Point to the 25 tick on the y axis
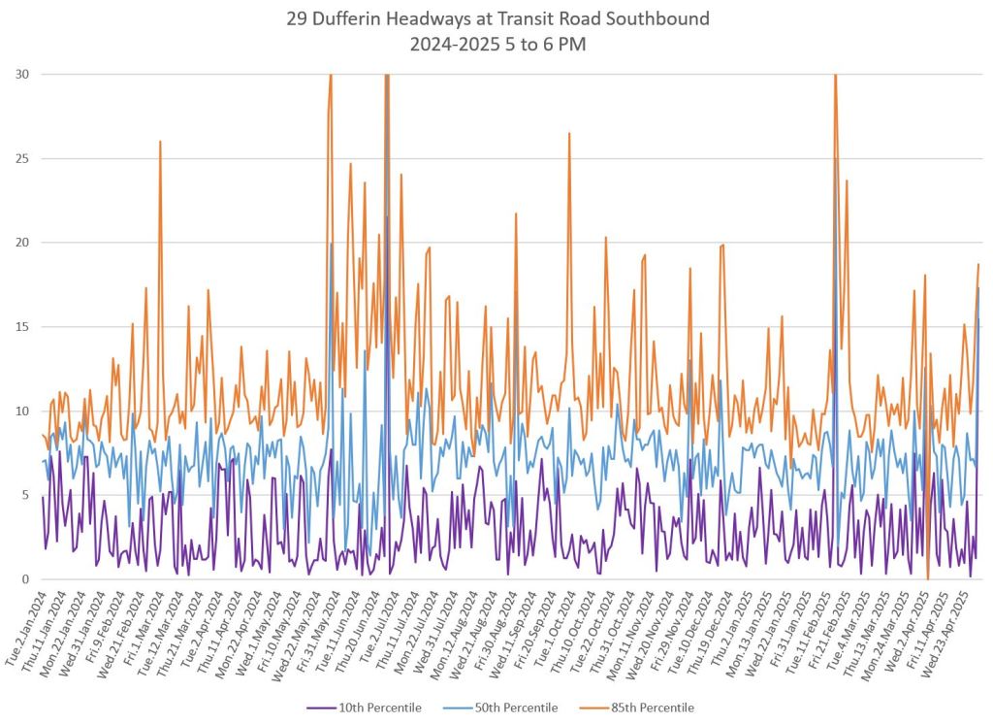point(21,158)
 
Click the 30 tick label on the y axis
point(21,74)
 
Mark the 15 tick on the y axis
point(21,327)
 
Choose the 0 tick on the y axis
point(25,579)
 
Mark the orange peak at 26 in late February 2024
point(161,142)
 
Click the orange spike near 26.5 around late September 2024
point(569,134)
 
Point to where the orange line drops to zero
point(928,578)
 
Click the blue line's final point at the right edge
point(978,288)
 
